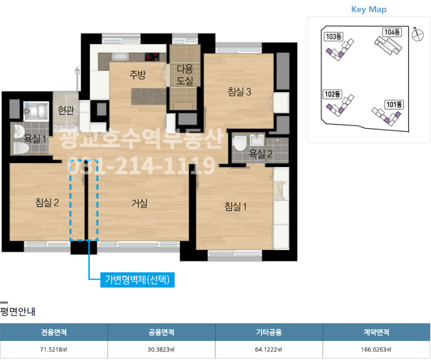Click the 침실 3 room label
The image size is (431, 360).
tap(239, 91)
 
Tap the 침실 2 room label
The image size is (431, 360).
tap(47, 202)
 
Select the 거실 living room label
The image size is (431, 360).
tap(139, 203)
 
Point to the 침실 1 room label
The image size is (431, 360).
tap(235, 206)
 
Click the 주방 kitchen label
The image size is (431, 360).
tap(137, 74)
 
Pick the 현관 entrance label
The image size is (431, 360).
tap(66, 110)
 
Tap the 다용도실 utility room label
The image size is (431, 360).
tap(185, 75)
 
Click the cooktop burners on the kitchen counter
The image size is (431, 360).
tap(152, 56)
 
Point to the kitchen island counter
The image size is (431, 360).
tap(149, 96)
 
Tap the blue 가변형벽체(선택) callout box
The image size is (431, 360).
tap(137, 280)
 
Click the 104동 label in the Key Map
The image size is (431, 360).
tap(392, 32)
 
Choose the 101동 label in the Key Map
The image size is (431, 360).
tap(394, 104)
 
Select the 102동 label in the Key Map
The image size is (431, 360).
tap(332, 94)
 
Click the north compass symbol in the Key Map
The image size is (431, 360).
tap(418, 35)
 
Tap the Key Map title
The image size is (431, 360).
tap(369, 10)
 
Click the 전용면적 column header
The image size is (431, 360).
tap(54, 332)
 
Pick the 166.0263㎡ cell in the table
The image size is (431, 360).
tap(376, 349)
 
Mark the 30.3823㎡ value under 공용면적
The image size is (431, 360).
tap(161, 349)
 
